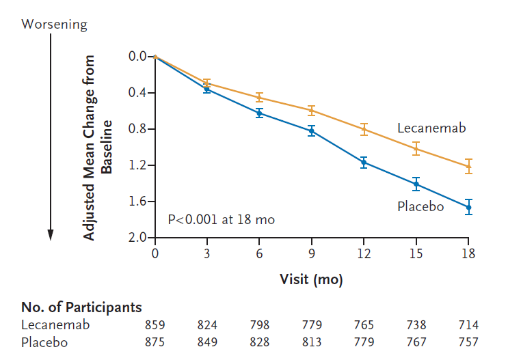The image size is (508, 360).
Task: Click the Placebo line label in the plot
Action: (420, 206)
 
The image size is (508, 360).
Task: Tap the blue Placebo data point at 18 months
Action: (468, 206)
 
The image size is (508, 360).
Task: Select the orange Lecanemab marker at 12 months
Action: (364, 128)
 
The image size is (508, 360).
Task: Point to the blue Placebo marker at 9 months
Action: (312, 130)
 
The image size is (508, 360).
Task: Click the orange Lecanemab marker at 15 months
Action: (416, 148)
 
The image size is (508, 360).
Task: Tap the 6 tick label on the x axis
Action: (260, 253)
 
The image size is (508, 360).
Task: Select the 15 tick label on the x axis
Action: (416, 253)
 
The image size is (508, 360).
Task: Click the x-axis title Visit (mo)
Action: (311, 279)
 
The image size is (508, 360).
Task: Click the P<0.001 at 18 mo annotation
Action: (221, 220)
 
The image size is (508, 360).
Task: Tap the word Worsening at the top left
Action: (55, 25)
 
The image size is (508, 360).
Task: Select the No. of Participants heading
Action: (81, 307)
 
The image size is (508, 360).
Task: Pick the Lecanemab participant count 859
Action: (155, 325)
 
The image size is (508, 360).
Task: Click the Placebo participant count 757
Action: (468, 342)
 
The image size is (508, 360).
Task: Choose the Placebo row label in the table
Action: (44, 342)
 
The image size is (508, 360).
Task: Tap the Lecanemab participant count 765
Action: (364, 325)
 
